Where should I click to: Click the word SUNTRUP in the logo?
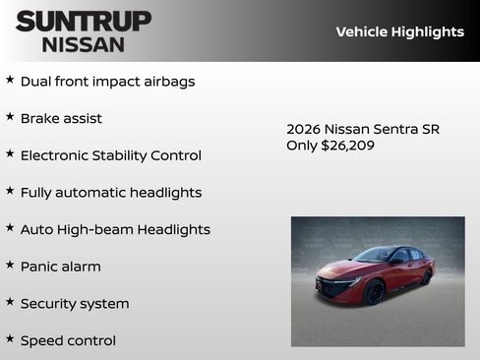(x=84, y=21)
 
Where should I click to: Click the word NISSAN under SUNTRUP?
(x=84, y=44)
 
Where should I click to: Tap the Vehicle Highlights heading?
(x=399, y=31)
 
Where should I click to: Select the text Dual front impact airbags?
(x=107, y=82)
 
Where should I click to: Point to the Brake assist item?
(x=61, y=119)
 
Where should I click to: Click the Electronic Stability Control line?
(x=110, y=155)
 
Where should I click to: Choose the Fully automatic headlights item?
(x=110, y=193)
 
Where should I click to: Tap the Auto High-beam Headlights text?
(x=115, y=229)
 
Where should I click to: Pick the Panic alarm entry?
(x=60, y=267)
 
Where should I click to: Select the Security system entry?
(x=75, y=304)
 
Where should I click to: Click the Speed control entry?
(x=68, y=340)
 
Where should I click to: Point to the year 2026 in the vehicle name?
(x=303, y=129)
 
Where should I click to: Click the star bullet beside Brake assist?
(x=10, y=117)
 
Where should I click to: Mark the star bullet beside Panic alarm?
(x=10, y=265)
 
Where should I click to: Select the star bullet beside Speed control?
(x=10, y=338)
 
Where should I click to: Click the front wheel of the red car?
(x=374, y=293)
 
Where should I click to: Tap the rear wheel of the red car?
(x=426, y=278)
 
